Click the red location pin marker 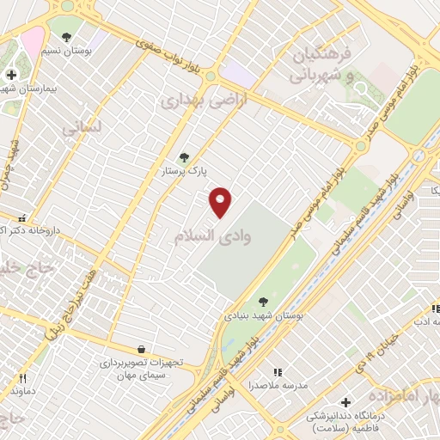[x=221, y=201]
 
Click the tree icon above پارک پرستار [x=183, y=157]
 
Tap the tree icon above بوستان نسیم [x=66, y=36]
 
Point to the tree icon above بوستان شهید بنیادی [x=262, y=302]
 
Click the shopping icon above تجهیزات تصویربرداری [x=141, y=349]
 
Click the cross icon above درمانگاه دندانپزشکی [x=345, y=401]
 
